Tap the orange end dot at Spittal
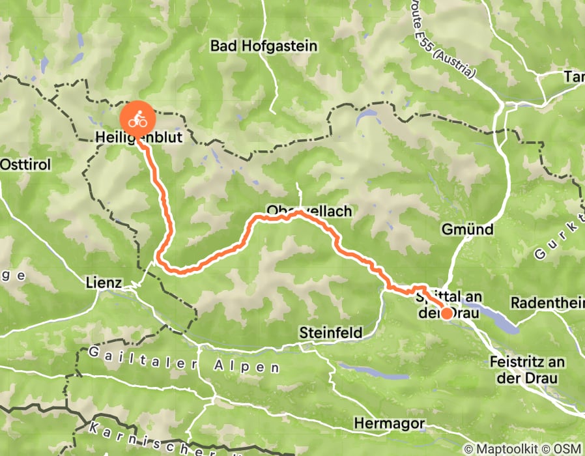[447, 314]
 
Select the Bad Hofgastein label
[263, 46]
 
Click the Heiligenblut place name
[137, 138]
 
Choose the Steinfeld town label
[331, 332]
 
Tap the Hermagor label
[389, 423]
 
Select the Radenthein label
[547, 303]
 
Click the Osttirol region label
[25, 164]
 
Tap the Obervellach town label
[309, 211]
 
